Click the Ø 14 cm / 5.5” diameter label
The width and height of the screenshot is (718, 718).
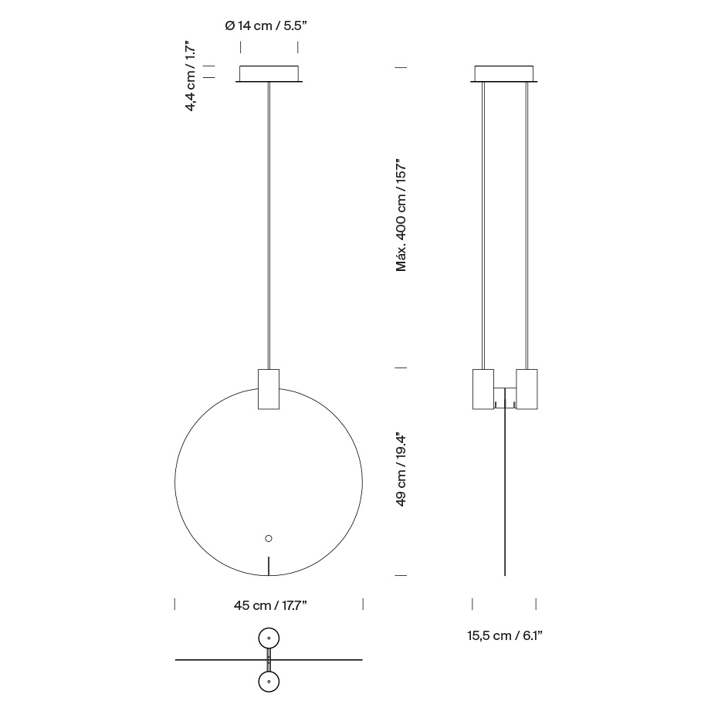click(266, 25)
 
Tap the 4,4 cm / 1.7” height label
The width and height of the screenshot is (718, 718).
click(191, 74)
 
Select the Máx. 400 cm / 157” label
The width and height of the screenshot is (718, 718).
click(401, 215)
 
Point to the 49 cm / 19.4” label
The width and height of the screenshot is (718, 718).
click(401, 469)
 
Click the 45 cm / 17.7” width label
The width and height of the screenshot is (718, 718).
click(270, 605)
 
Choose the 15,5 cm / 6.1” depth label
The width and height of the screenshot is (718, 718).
click(505, 635)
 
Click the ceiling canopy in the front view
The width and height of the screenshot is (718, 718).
click(269, 74)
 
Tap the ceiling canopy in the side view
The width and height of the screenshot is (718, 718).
click(504, 74)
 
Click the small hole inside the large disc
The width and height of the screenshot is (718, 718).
click(269, 539)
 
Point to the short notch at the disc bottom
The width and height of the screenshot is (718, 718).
click(269, 566)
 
